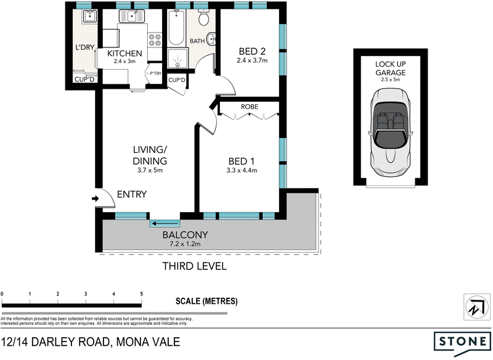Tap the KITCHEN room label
[x=124, y=54]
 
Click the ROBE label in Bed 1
[x=250, y=107]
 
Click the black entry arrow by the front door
[x=95, y=198]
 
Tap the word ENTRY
[x=131, y=195]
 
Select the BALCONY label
[x=185, y=235]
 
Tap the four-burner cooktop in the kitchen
[x=155, y=39]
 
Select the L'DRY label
[x=84, y=47]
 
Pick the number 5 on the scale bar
[x=142, y=294]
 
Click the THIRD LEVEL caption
[x=194, y=267]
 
